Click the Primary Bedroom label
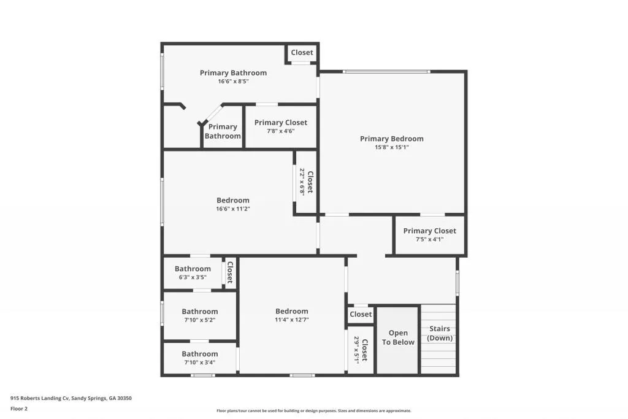coord(391,139)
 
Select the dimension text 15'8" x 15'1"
coord(391,147)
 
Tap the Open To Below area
coord(398,338)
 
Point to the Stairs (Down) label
coord(440,334)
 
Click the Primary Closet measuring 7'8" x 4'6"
coord(281,126)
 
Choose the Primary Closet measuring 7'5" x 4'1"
coord(429,235)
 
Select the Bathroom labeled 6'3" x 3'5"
coord(193,272)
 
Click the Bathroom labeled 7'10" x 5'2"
coord(199,315)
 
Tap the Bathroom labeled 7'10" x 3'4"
coord(199,358)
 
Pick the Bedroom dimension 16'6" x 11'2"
coord(233,209)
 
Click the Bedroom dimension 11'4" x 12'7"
coord(291,320)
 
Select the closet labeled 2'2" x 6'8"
coord(305,182)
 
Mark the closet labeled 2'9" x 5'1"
coord(360,350)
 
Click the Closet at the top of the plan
coord(302,53)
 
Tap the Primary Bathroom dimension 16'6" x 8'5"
coord(233,81)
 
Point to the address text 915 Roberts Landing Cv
coord(71,398)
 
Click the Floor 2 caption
coord(19,409)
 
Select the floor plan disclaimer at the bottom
coord(313,411)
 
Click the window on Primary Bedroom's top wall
coord(386,72)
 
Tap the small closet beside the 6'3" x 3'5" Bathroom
coord(230,272)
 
